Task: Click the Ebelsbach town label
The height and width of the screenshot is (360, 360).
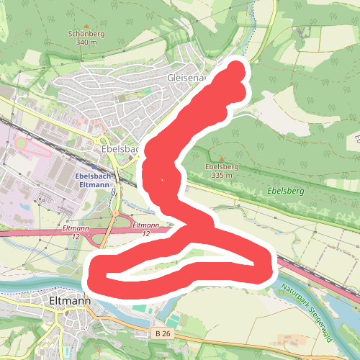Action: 120,148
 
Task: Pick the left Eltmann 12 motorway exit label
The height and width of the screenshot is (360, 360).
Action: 76,232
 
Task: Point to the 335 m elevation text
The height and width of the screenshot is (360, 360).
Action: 222,175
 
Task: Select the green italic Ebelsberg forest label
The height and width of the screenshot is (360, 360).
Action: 286,192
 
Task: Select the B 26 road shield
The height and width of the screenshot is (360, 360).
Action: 163,333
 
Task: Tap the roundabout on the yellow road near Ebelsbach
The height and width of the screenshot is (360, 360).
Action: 102,142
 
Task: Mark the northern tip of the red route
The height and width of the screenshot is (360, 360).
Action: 237,69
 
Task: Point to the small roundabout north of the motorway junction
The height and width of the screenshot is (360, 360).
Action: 114,213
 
